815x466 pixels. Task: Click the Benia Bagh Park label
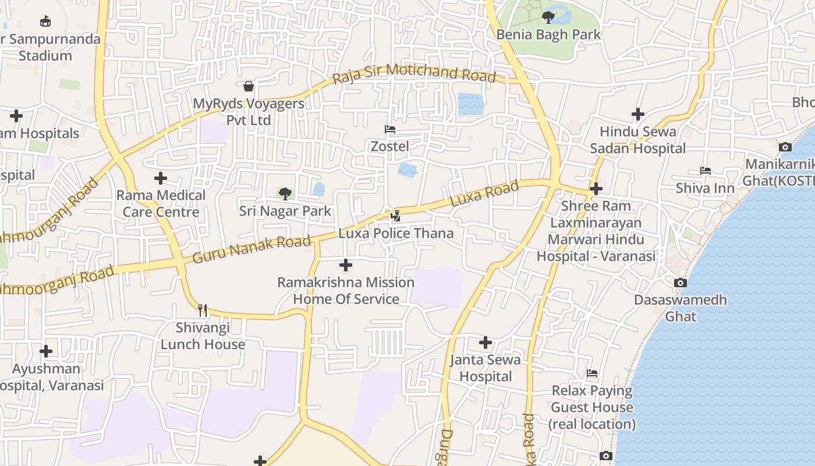(x=548, y=35)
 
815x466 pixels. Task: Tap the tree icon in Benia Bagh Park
(x=548, y=17)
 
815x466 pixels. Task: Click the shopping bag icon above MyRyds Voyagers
(x=249, y=87)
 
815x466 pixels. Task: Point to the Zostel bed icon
(x=390, y=129)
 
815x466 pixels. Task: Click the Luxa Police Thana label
(x=396, y=234)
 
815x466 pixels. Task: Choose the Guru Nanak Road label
(x=251, y=249)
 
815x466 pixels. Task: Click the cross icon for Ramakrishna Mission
(x=346, y=265)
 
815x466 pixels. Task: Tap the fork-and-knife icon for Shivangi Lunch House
(x=203, y=310)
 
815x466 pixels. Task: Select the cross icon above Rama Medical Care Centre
(x=161, y=178)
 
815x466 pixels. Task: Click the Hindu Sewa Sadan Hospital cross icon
(x=638, y=114)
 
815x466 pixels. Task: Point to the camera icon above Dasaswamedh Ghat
(x=680, y=283)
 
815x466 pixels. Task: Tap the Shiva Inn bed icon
(x=705, y=171)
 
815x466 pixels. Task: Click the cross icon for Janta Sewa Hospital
(x=486, y=343)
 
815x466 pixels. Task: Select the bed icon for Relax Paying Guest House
(x=592, y=373)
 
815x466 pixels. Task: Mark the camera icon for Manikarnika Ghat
(x=785, y=147)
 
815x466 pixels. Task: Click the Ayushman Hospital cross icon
(x=46, y=351)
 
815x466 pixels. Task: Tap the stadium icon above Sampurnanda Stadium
(x=45, y=22)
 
